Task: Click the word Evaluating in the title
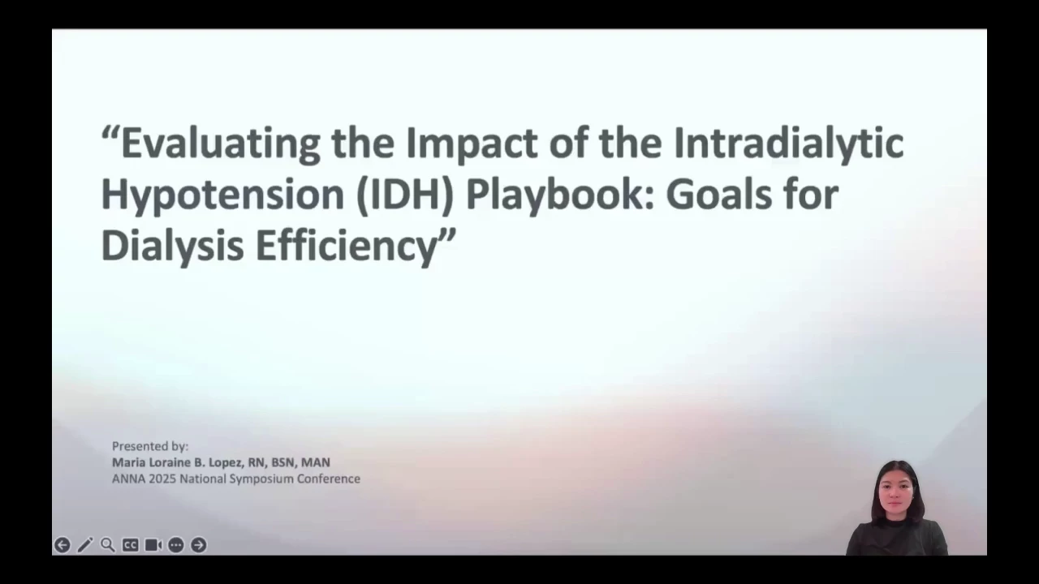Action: (x=220, y=144)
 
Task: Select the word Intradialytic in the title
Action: (x=788, y=144)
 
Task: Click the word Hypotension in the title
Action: (x=222, y=195)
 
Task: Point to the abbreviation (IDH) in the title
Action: (x=405, y=195)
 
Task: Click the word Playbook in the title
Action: (x=560, y=195)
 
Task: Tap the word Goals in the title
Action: (x=719, y=194)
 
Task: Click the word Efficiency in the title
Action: (x=347, y=246)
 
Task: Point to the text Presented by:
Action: (x=150, y=446)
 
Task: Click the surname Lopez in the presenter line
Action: (x=226, y=462)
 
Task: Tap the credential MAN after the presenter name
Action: (x=316, y=462)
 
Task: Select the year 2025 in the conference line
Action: (x=162, y=479)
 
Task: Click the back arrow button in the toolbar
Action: (x=63, y=545)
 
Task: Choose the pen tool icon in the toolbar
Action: (x=85, y=545)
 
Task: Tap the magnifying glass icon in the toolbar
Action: (x=108, y=545)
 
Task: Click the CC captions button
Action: (x=131, y=545)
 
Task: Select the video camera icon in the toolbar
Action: (x=153, y=545)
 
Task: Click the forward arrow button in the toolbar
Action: (x=199, y=545)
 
